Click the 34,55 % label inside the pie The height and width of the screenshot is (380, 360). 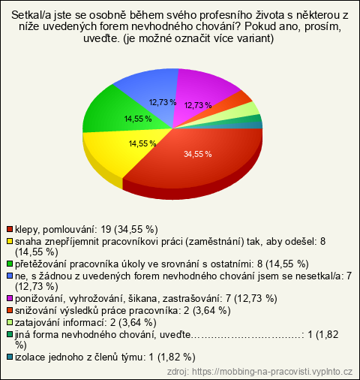tap(198, 154)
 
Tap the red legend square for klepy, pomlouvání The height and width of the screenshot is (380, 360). tap(10, 229)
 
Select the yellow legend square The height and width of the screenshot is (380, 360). tap(10, 241)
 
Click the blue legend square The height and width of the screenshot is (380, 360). tap(10, 276)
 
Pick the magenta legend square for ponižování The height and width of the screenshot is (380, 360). tap(10, 298)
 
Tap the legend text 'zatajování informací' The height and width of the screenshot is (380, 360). tap(61, 322)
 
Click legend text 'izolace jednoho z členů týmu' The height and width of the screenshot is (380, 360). tap(79, 357)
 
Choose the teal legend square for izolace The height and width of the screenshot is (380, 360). tap(10, 357)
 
